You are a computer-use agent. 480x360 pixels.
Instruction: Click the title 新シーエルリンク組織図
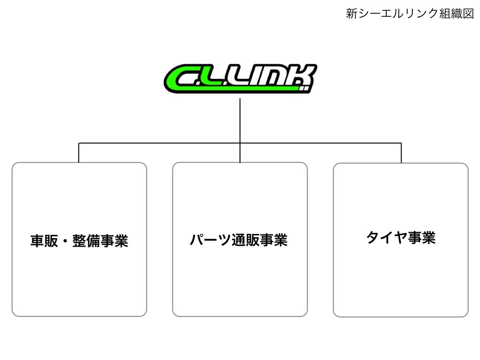tap(410, 14)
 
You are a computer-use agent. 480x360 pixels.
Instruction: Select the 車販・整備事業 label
tap(79, 241)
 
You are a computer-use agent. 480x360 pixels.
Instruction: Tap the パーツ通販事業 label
tap(239, 240)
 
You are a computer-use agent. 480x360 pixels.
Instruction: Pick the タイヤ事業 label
tap(401, 238)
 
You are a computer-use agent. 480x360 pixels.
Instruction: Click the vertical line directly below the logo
tap(240, 120)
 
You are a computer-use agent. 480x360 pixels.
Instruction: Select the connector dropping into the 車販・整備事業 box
tap(79, 152)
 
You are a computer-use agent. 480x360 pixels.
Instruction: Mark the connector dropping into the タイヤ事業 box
tap(401, 152)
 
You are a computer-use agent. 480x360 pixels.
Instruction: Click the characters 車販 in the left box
tap(45, 241)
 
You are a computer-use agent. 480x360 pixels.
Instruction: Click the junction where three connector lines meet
tap(240, 142)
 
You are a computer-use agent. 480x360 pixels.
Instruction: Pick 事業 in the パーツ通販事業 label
tap(273, 240)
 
